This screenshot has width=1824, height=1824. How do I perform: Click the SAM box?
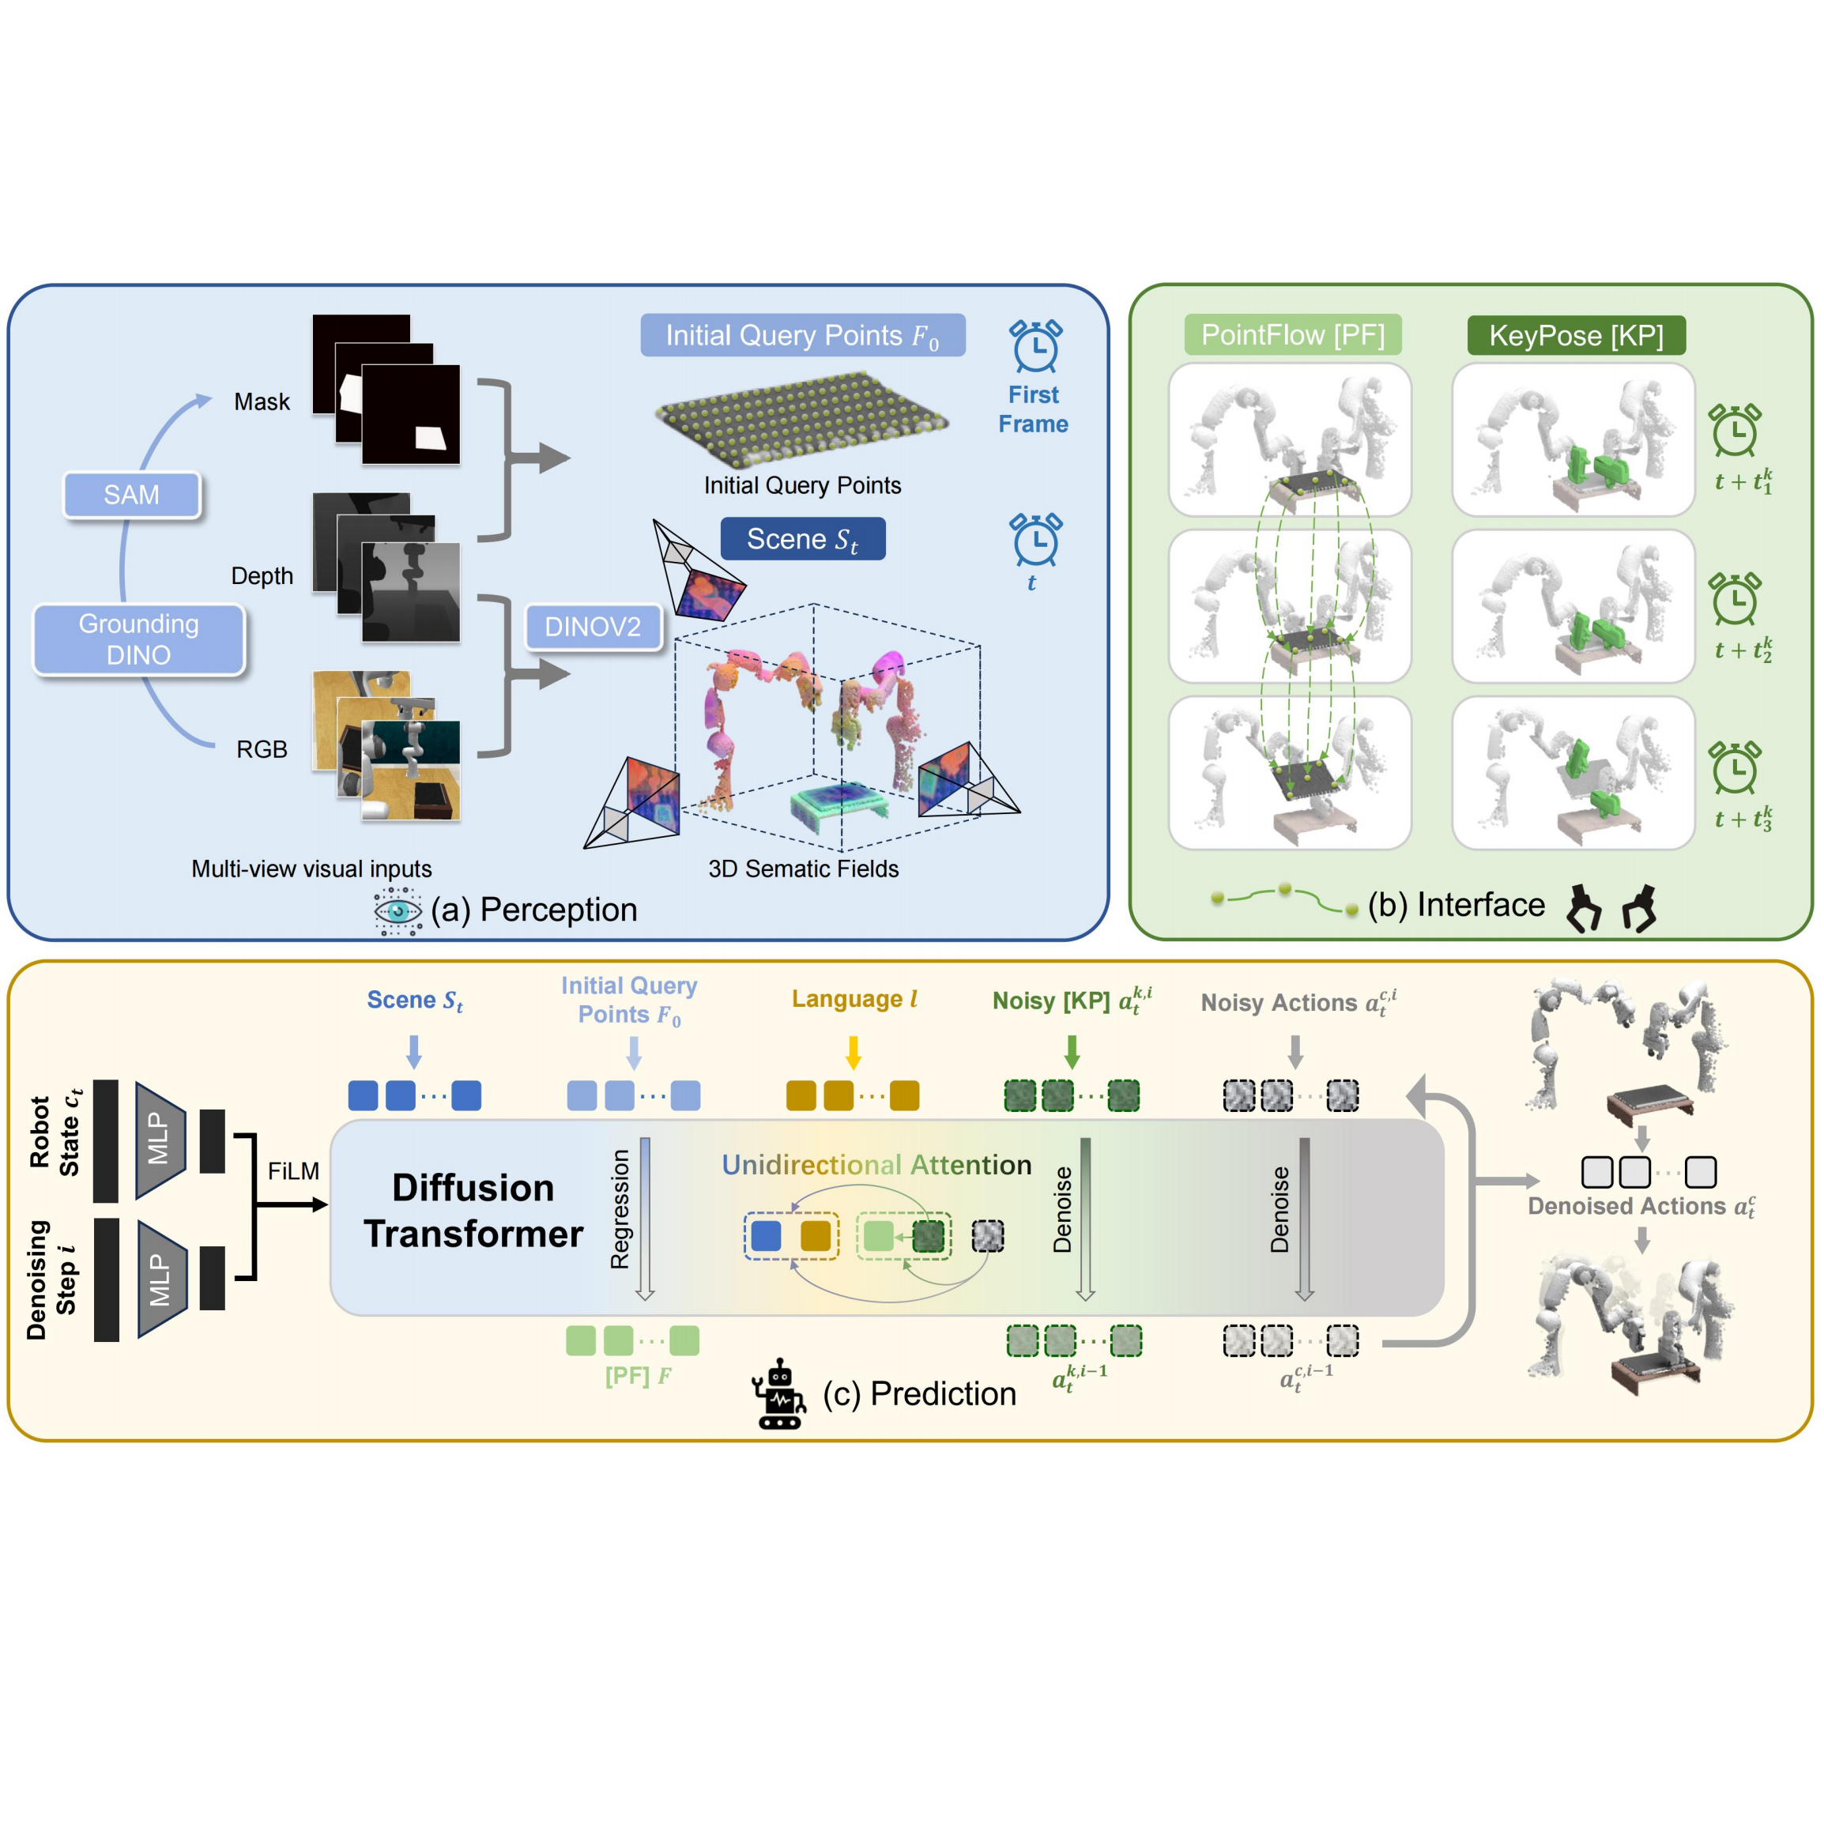131,495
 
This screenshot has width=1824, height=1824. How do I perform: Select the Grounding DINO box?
139,639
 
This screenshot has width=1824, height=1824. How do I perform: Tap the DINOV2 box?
593,627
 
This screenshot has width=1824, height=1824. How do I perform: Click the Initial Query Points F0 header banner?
802,335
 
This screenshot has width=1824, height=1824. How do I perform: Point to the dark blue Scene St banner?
802,539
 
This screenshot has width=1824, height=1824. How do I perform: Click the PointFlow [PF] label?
1292,335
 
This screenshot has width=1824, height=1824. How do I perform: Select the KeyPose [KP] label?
1576,335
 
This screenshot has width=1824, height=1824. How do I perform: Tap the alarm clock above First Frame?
1035,346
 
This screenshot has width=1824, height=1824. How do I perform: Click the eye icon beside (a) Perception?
398,911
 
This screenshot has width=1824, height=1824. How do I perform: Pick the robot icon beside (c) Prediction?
780,1393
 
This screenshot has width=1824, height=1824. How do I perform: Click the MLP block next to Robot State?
160,1140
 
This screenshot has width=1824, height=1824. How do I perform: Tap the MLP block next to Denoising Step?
161,1279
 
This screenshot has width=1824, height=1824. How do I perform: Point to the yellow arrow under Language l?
854,1052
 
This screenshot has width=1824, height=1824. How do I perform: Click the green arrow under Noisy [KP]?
1072,1051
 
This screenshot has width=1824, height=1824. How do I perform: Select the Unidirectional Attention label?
876,1165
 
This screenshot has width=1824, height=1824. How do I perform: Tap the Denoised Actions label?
1641,1207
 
